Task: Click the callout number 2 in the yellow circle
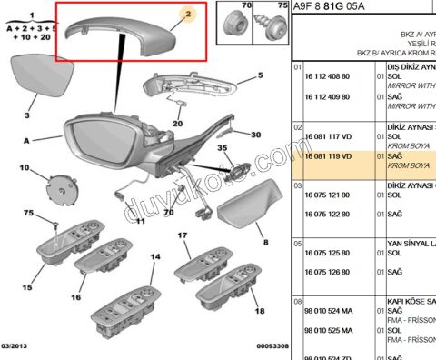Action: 186,15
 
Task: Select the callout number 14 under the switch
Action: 154,257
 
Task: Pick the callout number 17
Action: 182,235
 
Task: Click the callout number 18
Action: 260,310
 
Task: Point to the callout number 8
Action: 266,243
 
